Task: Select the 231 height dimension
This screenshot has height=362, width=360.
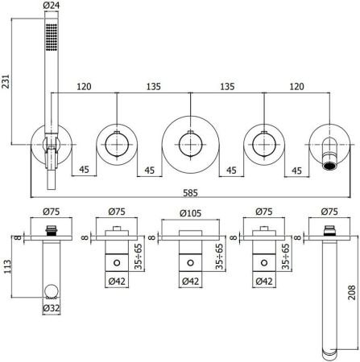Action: click(7, 81)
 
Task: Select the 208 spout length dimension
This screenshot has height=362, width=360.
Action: click(352, 294)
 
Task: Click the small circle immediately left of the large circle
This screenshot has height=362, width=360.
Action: click(118, 145)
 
